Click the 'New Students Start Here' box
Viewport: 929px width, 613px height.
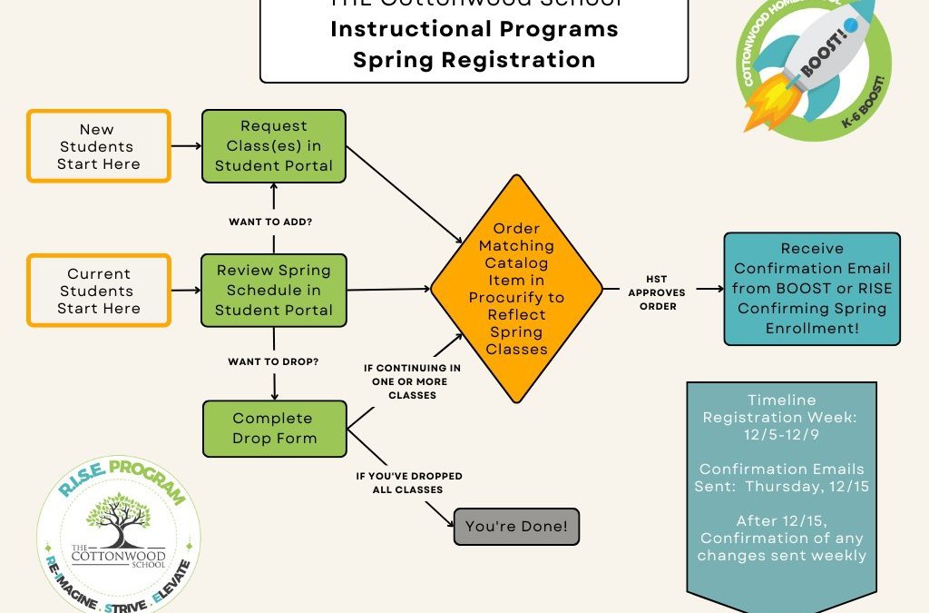click(x=98, y=146)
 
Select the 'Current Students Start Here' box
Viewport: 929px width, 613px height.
click(x=98, y=292)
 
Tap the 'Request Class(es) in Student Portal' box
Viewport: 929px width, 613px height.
click(x=273, y=146)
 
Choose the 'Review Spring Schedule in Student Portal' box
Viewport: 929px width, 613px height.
click(x=273, y=292)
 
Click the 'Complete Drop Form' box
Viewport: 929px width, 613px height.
click(x=273, y=429)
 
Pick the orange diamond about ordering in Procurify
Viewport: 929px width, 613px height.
click(x=515, y=289)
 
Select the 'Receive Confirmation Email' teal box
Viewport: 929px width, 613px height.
click(x=811, y=289)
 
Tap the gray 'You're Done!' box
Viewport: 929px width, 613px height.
click(x=515, y=526)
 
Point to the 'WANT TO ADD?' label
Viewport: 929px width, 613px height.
click(x=273, y=220)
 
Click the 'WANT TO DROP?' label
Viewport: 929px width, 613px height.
click(x=273, y=361)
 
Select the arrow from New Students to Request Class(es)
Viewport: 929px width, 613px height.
click(x=185, y=145)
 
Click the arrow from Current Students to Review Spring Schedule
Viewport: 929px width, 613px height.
click(x=185, y=291)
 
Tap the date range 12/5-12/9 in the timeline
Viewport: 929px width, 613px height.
click(x=781, y=435)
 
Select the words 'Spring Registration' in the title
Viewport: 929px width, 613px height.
click(x=474, y=60)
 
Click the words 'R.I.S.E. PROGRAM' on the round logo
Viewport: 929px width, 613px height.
click(x=122, y=480)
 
